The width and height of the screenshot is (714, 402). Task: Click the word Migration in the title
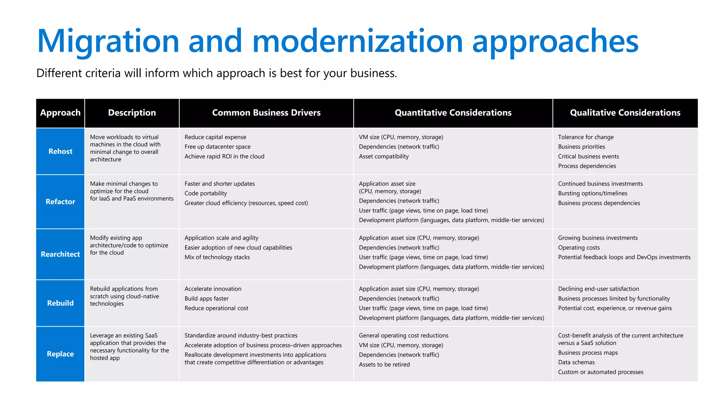(x=108, y=41)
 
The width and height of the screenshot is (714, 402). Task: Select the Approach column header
(x=60, y=113)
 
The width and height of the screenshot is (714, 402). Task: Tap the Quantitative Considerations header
(x=453, y=113)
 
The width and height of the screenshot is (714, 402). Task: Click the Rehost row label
(x=60, y=151)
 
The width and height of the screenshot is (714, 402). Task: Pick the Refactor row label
(x=60, y=202)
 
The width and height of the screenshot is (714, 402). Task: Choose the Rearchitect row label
(x=60, y=254)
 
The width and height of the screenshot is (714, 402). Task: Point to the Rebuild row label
(x=60, y=303)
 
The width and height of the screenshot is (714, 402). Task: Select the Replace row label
(x=60, y=354)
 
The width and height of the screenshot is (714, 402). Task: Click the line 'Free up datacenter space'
(x=217, y=147)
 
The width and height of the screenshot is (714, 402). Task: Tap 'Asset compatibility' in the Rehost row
(x=383, y=157)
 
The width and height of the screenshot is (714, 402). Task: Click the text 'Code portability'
(x=205, y=193)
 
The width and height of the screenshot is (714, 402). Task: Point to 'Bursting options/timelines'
(x=592, y=193)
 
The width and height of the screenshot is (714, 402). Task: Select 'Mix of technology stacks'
(x=217, y=257)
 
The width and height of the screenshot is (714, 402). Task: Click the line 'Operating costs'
(x=579, y=248)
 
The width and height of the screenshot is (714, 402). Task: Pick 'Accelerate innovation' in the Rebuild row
(x=213, y=289)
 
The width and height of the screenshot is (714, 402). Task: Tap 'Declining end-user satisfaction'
(x=598, y=289)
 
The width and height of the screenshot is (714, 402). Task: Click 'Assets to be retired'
(x=384, y=365)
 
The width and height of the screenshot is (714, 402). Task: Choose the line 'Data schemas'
(x=576, y=363)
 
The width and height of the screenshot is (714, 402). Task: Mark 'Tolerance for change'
(x=586, y=137)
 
